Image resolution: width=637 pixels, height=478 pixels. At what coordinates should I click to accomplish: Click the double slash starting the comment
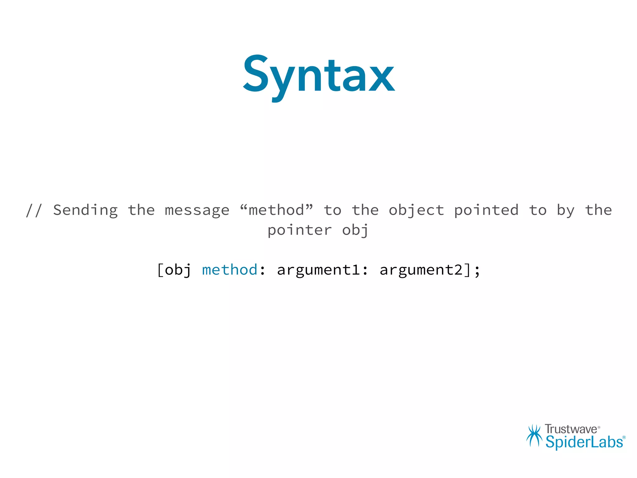click(34, 210)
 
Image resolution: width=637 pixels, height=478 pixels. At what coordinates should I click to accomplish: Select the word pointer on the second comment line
click(300, 231)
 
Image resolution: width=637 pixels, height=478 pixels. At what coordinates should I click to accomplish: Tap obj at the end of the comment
click(355, 231)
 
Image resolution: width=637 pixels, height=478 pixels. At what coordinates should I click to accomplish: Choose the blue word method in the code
click(230, 269)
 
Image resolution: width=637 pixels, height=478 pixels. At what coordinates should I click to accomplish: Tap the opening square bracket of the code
click(160, 269)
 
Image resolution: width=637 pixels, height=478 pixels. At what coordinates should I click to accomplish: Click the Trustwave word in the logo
click(571, 429)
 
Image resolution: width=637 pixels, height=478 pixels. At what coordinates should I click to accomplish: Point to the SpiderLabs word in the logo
click(584, 442)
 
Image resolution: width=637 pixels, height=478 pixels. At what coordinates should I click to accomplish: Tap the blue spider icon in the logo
click(534, 436)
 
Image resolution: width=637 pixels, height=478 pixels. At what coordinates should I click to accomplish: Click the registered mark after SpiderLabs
click(624, 438)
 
